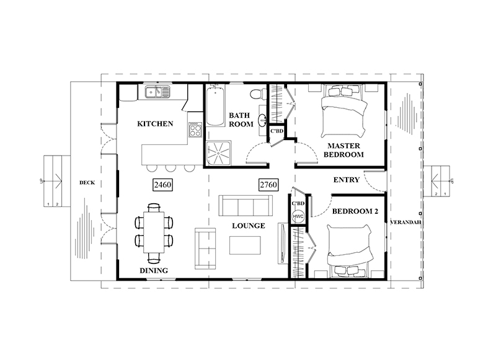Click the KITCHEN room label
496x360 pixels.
click(155, 123)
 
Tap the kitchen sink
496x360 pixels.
click(157, 92)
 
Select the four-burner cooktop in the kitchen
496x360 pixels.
click(195, 130)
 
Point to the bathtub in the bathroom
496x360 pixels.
click(215, 106)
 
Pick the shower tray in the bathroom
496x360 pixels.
click(219, 153)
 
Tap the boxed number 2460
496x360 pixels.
click(162, 184)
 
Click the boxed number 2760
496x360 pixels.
click(268, 184)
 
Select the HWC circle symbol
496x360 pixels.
click(298, 216)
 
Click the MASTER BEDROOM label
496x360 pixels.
click(343, 150)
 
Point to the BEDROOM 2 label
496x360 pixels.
click(355, 211)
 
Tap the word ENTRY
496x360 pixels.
click(347, 180)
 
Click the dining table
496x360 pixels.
click(154, 232)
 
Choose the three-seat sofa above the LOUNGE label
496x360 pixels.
click(246, 206)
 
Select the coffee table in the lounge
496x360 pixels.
click(245, 245)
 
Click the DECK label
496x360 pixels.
click(87, 183)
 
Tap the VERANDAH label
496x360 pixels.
click(405, 222)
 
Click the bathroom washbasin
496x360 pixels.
click(262, 120)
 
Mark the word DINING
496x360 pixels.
click(154, 271)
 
